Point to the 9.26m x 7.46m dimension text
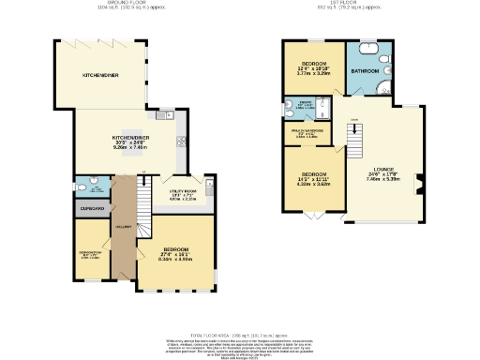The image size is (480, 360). (126, 148)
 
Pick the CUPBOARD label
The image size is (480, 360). (92, 208)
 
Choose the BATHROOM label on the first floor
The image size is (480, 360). (365, 71)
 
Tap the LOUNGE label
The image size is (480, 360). (386, 171)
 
